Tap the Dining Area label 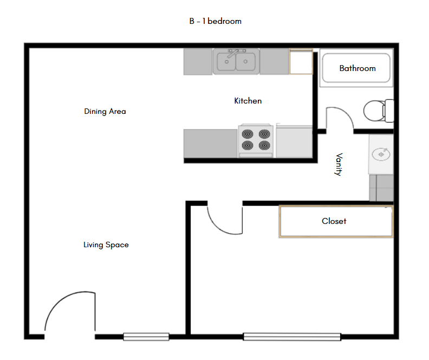105,112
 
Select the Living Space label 106,245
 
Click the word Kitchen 248,101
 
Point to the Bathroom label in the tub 357,68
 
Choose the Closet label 334,221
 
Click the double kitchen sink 237,62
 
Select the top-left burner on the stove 248,133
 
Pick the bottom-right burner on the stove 264,145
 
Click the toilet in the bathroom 376,111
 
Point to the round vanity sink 381,155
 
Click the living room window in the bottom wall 146,337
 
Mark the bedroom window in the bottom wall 292,337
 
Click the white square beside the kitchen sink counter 301,62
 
